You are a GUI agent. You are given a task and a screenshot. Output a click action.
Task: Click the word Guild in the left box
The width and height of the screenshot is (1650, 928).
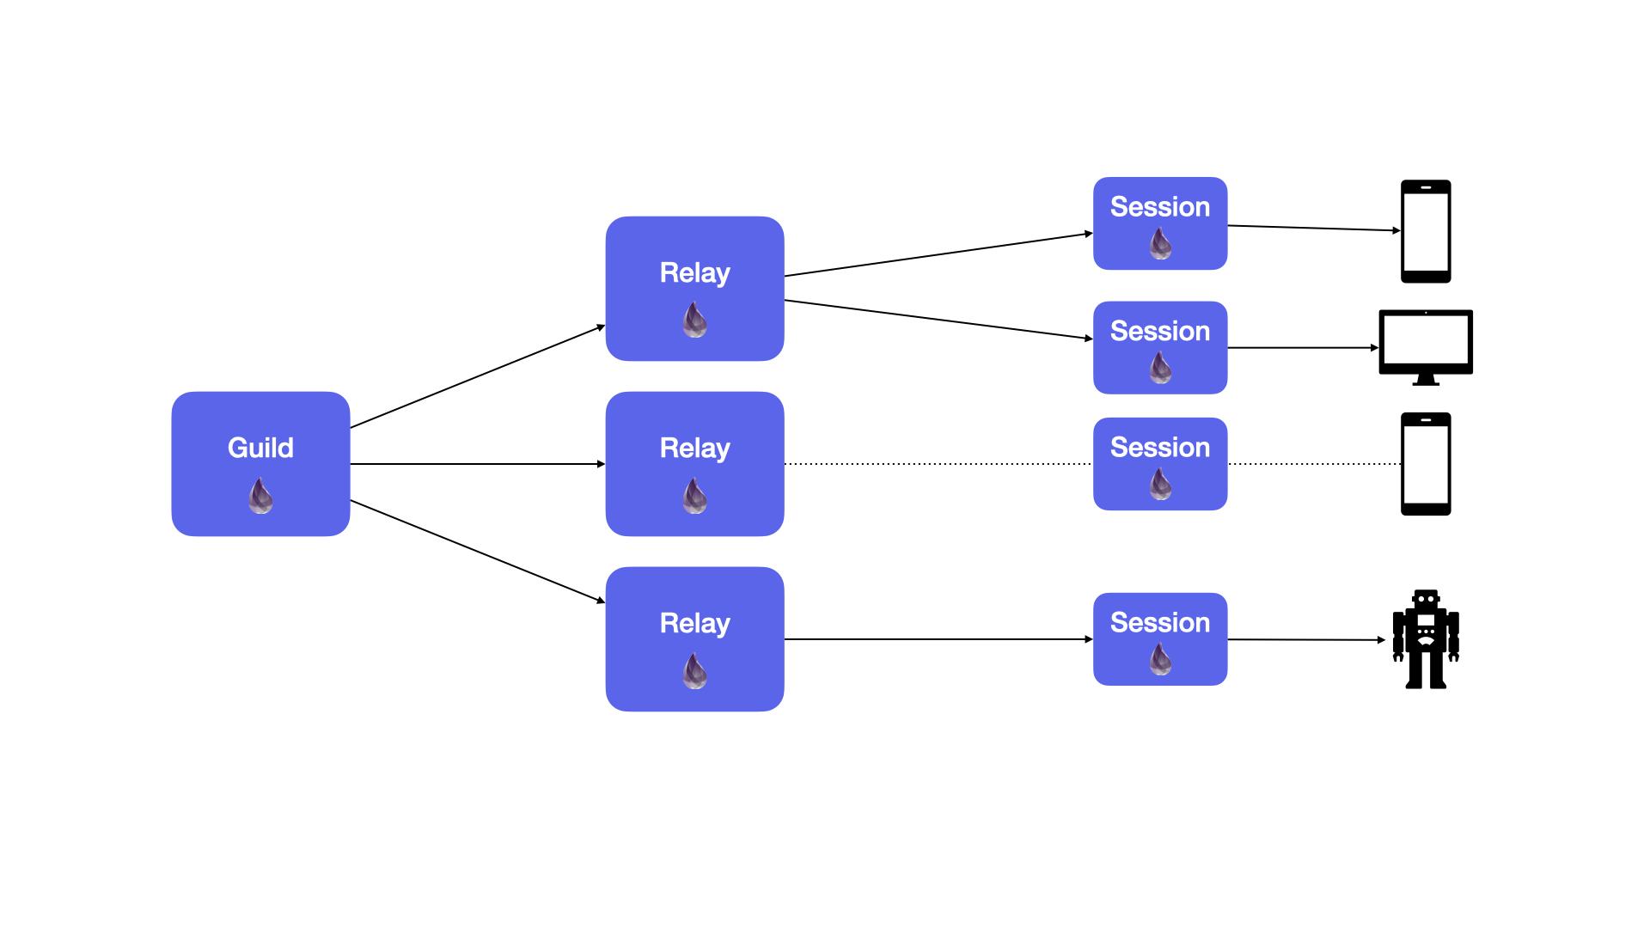[x=260, y=448]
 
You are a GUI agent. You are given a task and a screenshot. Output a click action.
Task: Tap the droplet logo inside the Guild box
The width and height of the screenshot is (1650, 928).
[x=260, y=496]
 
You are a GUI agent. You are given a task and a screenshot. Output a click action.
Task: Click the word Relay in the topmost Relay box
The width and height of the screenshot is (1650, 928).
[x=694, y=272]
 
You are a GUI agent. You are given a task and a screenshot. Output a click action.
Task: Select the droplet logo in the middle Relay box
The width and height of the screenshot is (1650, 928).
[x=694, y=496]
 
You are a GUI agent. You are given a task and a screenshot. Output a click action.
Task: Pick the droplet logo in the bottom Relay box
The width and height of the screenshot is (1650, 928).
[x=694, y=671]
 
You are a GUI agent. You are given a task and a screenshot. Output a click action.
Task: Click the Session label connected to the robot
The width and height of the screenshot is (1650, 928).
[x=1159, y=622]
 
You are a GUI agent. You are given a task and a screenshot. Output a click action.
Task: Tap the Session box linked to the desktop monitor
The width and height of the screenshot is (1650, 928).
[x=1159, y=347]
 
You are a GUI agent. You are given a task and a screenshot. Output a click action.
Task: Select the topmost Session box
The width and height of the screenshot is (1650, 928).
[x=1159, y=223]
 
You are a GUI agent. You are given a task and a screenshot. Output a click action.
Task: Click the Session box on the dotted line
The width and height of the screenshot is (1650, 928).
[x=1159, y=464]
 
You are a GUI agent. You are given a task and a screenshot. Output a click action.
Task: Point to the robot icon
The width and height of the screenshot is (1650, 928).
[x=1426, y=639]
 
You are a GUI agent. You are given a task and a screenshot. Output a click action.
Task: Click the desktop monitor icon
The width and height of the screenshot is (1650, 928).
[x=1426, y=344]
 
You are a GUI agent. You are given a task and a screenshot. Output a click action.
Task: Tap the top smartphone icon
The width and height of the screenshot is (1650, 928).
[x=1426, y=231]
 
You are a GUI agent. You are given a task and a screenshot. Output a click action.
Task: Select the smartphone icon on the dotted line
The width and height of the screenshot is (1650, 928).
[x=1426, y=464]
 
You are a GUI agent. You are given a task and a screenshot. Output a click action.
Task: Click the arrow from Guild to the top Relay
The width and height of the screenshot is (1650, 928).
[x=477, y=376]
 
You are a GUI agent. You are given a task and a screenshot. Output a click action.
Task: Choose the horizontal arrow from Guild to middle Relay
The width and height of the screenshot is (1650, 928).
[x=477, y=464]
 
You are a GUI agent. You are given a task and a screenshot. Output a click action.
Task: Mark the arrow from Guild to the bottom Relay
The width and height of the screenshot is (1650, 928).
[x=477, y=551]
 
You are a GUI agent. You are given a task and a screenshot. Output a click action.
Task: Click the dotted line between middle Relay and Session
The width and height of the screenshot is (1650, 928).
[x=937, y=464]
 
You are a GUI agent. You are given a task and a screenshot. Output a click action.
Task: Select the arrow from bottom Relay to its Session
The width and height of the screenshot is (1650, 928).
[x=937, y=639]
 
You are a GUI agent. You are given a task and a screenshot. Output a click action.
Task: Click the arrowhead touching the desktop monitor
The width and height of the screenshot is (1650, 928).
[x=1374, y=348]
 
